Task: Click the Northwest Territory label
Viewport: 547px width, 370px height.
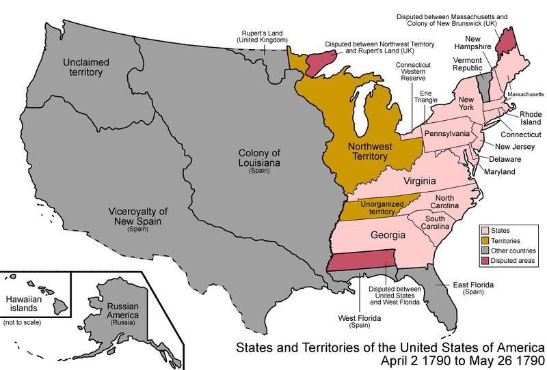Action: pyautogui.click(x=367, y=151)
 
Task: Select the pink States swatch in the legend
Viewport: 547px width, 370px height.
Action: pyautogui.click(x=486, y=231)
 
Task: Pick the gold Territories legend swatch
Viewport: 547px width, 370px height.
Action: pyautogui.click(x=486, y=241)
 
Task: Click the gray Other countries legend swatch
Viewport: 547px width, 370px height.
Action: pyautogui.click(x=486, y=251)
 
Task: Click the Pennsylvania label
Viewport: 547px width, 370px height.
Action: pyautogui.click(x=446, y=133)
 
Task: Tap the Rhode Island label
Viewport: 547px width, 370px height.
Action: pyautogui.click(x=530, y=119)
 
